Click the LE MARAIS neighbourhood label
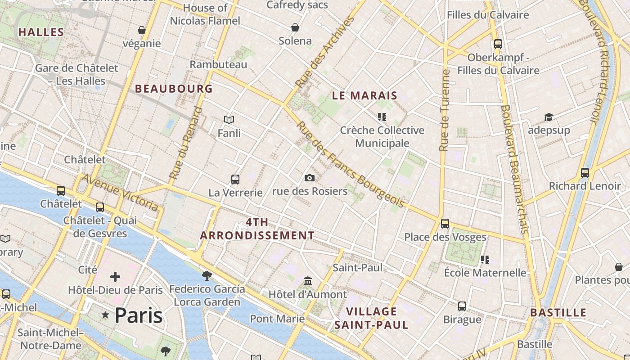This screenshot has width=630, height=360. point(364,95)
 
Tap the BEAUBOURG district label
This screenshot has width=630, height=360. point(174,89)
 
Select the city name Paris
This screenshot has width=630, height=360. point(138,315)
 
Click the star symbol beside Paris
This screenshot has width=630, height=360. point(106,315)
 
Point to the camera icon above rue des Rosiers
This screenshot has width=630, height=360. point(309,178)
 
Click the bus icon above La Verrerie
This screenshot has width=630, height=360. point(235,180)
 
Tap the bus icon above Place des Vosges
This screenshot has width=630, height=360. point(445,223)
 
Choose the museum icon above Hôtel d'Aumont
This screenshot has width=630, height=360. point(308,281)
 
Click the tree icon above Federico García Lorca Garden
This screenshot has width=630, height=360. point(207,275)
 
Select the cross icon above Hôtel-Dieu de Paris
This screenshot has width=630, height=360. point(115,276)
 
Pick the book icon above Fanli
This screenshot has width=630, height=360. point(229,120)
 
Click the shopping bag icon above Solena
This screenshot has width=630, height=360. point(295,27)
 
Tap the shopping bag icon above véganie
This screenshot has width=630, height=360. point(142,30)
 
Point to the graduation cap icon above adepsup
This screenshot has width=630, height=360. point(549,117)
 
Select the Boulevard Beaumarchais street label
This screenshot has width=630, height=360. point(513,169)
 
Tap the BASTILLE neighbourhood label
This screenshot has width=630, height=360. point(558,313)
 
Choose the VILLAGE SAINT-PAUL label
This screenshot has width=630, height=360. point(371,318)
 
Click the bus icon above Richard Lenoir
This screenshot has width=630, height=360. point(585,172)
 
